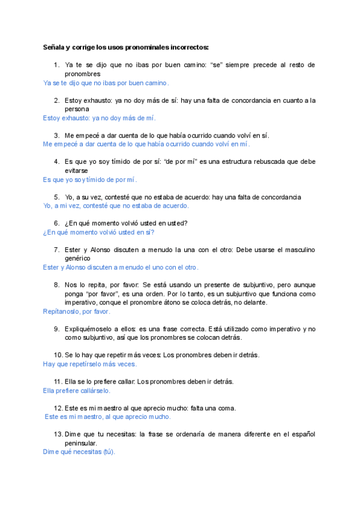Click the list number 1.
click(56, 65)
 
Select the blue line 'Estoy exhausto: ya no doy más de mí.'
click(100, 118)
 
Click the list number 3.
click(56, 136)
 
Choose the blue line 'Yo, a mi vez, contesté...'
click(116, 205)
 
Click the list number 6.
click(56, 223)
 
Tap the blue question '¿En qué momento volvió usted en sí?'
click(99, 232)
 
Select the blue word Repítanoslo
click(62, 312)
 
